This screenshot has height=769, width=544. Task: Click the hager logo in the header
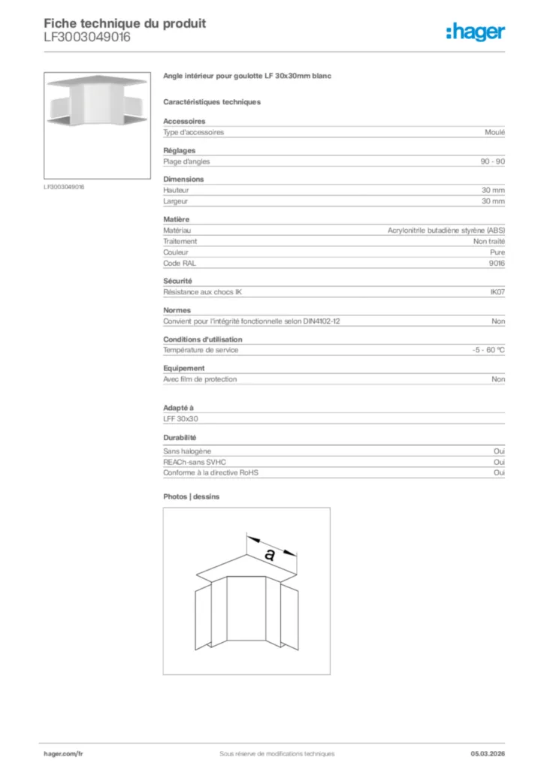475,32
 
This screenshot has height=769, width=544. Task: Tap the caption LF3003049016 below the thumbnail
64,186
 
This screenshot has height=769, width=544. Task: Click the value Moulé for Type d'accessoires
495,132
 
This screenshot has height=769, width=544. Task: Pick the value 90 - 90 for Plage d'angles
493,161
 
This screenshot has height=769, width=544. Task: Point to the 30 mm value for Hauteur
493,191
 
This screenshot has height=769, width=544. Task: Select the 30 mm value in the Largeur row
493,201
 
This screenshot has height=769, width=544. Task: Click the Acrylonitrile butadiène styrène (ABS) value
446,231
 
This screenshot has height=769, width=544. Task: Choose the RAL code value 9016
497,263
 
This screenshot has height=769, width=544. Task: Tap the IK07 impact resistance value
497,291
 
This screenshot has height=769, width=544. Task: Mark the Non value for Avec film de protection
498,379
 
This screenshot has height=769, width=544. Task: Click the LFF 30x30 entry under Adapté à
180,419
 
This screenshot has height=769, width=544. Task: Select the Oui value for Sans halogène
499,451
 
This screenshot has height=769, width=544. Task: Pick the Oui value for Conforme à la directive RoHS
499,473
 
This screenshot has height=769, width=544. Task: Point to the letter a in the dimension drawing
269,554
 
